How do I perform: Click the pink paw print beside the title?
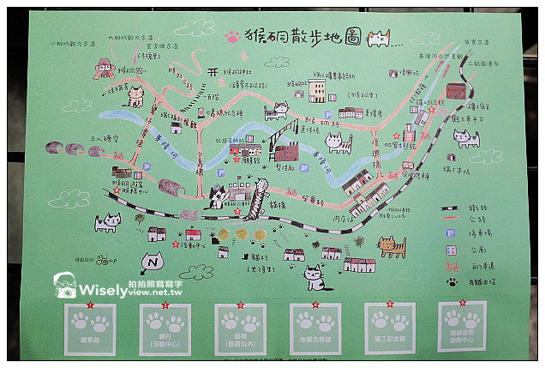232,37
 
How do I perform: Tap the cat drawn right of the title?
378,38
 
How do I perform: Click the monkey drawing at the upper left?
105,69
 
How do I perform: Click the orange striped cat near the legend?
392,247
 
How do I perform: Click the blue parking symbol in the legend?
450,232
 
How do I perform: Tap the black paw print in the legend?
450,281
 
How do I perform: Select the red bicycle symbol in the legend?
450,266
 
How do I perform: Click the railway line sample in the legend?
450,208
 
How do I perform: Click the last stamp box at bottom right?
462,325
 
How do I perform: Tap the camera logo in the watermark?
65,287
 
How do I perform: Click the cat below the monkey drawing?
135,97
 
